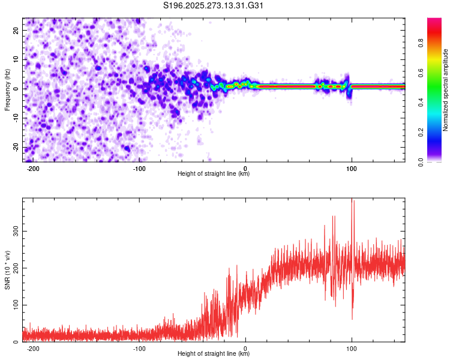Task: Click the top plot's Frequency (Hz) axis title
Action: point(7,89)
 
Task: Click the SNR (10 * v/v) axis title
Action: point(7,269)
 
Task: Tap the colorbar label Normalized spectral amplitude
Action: point(446,89)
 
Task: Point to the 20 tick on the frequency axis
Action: point(17,30)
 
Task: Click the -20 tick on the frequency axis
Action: point(16,148)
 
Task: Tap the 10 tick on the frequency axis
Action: point(17,59)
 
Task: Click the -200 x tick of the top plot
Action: point(33,169)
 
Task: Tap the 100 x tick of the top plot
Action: point(352,169)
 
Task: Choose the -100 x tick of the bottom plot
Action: point(139,348)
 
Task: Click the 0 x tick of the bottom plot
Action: point(246,348)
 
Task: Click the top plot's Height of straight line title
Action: point(214,175)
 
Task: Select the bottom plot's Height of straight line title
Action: point(214,355)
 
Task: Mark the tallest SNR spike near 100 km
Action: point(352,200)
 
